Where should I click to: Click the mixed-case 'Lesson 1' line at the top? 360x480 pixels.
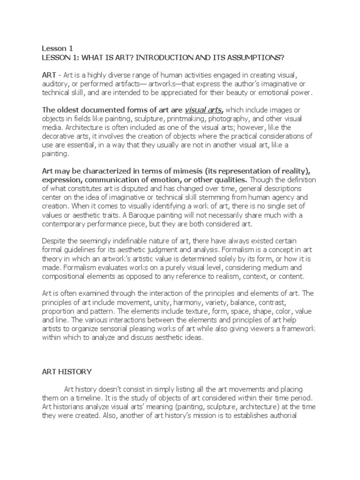tap(55, 48)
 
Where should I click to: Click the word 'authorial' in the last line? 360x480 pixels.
tap(278, 416)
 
